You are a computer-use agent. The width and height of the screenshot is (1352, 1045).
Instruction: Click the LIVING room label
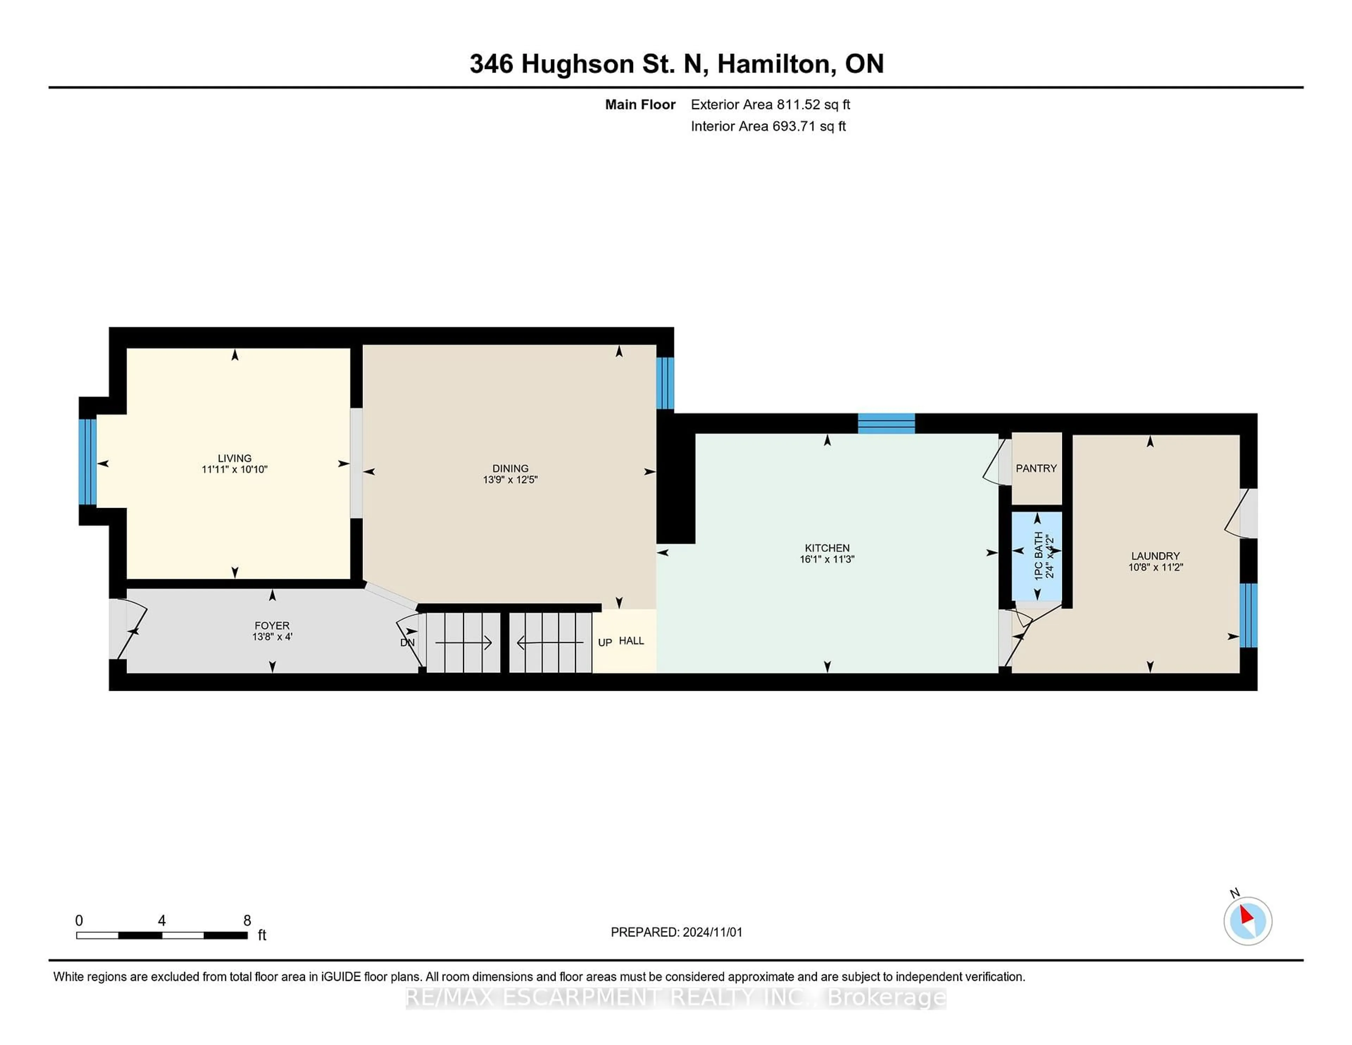[x=234, y=458]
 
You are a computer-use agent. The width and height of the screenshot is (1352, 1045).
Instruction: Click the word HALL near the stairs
[x=631, y=641]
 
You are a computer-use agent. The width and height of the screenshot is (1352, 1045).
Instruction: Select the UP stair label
[x=605, y=643]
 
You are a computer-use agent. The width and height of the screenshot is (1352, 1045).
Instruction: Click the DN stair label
[x=407, y=643]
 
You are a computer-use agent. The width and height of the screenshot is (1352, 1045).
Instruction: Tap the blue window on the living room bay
[x=87, y=462]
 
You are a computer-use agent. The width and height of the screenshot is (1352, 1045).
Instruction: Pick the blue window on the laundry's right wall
[x=1248, y=615]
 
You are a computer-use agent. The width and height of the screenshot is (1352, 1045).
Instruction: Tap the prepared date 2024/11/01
[x=712, y=932]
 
